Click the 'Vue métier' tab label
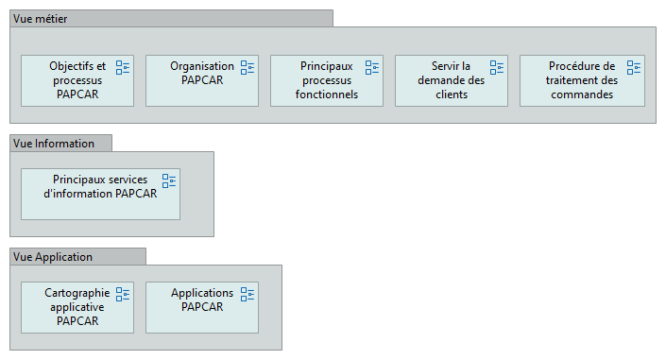(40, 19)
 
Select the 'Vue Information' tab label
(53, 144)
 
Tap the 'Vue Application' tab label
(53, 257)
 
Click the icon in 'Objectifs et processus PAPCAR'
(123, 67)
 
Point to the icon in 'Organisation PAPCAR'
(248, 67)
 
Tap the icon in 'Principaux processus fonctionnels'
(372, 67)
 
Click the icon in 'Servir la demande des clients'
(497, 67)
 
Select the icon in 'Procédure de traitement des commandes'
(634, 67)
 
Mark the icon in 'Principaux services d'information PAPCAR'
(169, 180)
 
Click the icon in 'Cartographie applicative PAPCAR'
(123, 294)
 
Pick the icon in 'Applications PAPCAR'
(248, 294)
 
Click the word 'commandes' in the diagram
(581, 94)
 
